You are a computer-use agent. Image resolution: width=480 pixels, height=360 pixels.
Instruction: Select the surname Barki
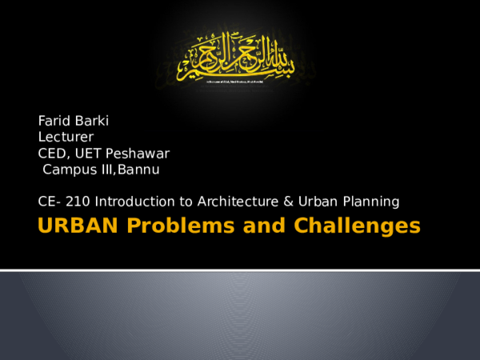click(x=94, y=121)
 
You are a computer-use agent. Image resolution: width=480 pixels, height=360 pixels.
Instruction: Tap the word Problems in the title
click(x=168, y=226)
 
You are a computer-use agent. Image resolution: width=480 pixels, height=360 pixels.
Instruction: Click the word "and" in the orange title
click(x=254, y=226)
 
